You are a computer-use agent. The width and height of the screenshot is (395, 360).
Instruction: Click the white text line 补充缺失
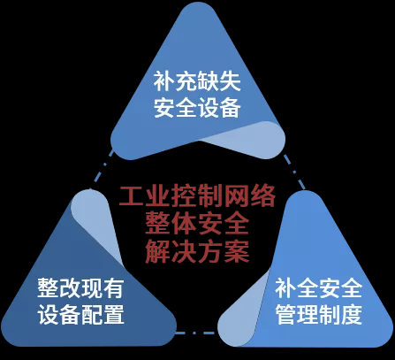pos(197,80)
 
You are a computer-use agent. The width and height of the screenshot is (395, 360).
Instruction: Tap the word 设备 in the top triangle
pos(218,107)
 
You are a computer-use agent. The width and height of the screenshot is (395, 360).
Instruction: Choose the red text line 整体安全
pos(197,224)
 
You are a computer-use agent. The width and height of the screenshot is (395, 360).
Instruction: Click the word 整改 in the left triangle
pos(58,287)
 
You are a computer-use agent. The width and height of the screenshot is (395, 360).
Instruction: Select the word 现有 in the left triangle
pos(102,287)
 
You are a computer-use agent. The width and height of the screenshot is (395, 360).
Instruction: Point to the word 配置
pos(102,314)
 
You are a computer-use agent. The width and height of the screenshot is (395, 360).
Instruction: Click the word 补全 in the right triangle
pos(297,288)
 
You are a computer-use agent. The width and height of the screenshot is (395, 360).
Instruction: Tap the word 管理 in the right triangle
pos(297,315)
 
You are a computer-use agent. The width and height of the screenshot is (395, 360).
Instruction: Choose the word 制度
pos(340,315)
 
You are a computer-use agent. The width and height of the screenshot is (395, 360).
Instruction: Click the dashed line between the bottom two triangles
pos(195,333)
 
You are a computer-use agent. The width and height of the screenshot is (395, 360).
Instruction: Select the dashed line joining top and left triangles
pos(102,169)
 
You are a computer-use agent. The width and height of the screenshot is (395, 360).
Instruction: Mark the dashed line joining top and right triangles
pos(294,172)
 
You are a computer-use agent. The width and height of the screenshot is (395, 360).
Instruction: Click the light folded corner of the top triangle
pos(250,139)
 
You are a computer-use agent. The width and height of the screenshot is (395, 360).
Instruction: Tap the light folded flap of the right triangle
pos(246,312)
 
